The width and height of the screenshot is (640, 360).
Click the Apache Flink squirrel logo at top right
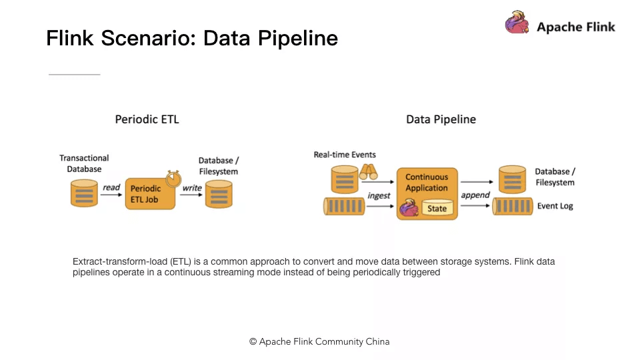pos(517,22)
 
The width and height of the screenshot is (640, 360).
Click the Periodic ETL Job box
pos(150,194)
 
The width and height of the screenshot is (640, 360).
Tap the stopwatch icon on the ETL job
pos(173,179)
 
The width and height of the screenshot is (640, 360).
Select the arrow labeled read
pos(111,195)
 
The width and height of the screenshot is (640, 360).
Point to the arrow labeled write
pos(191,195)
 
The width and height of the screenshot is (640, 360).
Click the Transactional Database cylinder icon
pos(84,193)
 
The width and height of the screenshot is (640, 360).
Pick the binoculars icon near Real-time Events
pos(368,172)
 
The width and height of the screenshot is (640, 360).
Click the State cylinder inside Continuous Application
pos(437,208)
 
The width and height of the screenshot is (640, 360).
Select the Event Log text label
pos(555,206)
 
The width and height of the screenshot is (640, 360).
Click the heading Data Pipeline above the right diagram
pos(441,119)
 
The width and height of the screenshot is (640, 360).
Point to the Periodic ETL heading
pos(147,119)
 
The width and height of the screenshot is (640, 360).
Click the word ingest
pos(379,196)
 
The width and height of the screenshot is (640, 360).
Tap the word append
pos(475,195)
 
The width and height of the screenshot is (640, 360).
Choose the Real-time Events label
pos(345,155)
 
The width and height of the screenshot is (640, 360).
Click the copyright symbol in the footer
pos(253,341)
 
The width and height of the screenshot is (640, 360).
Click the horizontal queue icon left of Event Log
pos(512,206)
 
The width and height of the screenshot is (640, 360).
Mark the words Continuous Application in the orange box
pos(427,183)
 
